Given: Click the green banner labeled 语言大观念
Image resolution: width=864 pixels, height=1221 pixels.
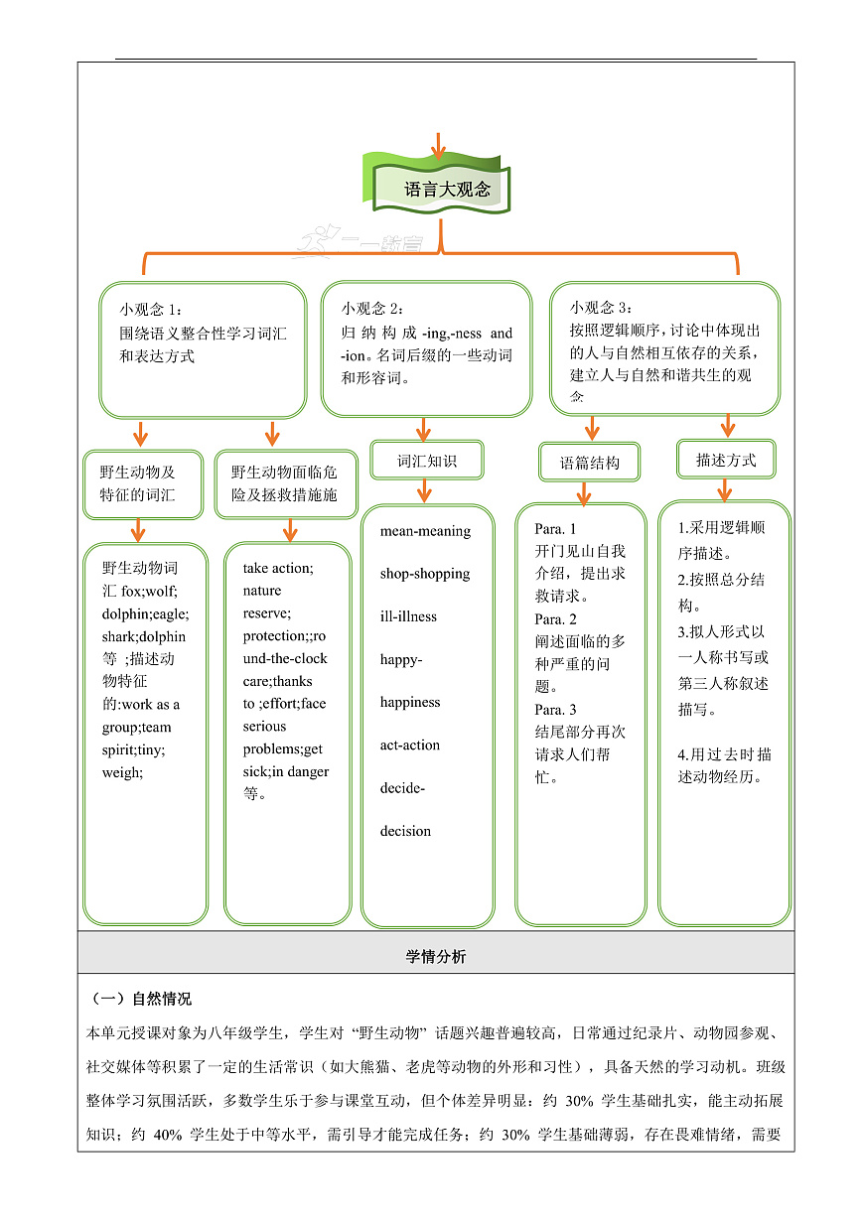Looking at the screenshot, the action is [x=442, y=189].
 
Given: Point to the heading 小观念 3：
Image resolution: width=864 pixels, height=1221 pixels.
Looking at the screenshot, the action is [x=601, y=308].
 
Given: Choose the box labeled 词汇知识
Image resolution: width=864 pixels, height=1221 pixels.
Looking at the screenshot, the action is [x=427, y=461].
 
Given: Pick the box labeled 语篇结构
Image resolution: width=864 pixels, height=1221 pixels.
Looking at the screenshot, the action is [x=590, y=463].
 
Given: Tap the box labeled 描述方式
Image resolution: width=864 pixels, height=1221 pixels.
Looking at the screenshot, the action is [x=726, y=460].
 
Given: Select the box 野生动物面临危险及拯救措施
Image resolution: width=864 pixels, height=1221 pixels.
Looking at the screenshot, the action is [x=286, y=483].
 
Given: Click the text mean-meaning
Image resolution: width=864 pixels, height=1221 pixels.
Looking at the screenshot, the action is [x=425, y=531].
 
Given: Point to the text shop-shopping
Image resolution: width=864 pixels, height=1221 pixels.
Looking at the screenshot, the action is [x=425, y=574].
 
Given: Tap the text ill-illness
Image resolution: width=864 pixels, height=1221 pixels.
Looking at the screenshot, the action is [x=408, y=616].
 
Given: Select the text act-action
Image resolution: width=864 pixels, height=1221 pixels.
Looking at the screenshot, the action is [x=409, y=746].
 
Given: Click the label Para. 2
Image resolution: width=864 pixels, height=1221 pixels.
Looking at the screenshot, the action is [x=555, y=619].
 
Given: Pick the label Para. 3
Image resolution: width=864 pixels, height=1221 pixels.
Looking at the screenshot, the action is [x=555, y=710].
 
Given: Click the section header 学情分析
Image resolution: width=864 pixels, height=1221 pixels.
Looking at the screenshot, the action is [x=436, y=957].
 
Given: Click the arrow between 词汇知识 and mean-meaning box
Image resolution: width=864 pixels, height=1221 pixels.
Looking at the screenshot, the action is [x=425, y=490].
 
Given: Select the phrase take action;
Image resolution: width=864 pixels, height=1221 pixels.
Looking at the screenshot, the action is [x=278, y=568].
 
